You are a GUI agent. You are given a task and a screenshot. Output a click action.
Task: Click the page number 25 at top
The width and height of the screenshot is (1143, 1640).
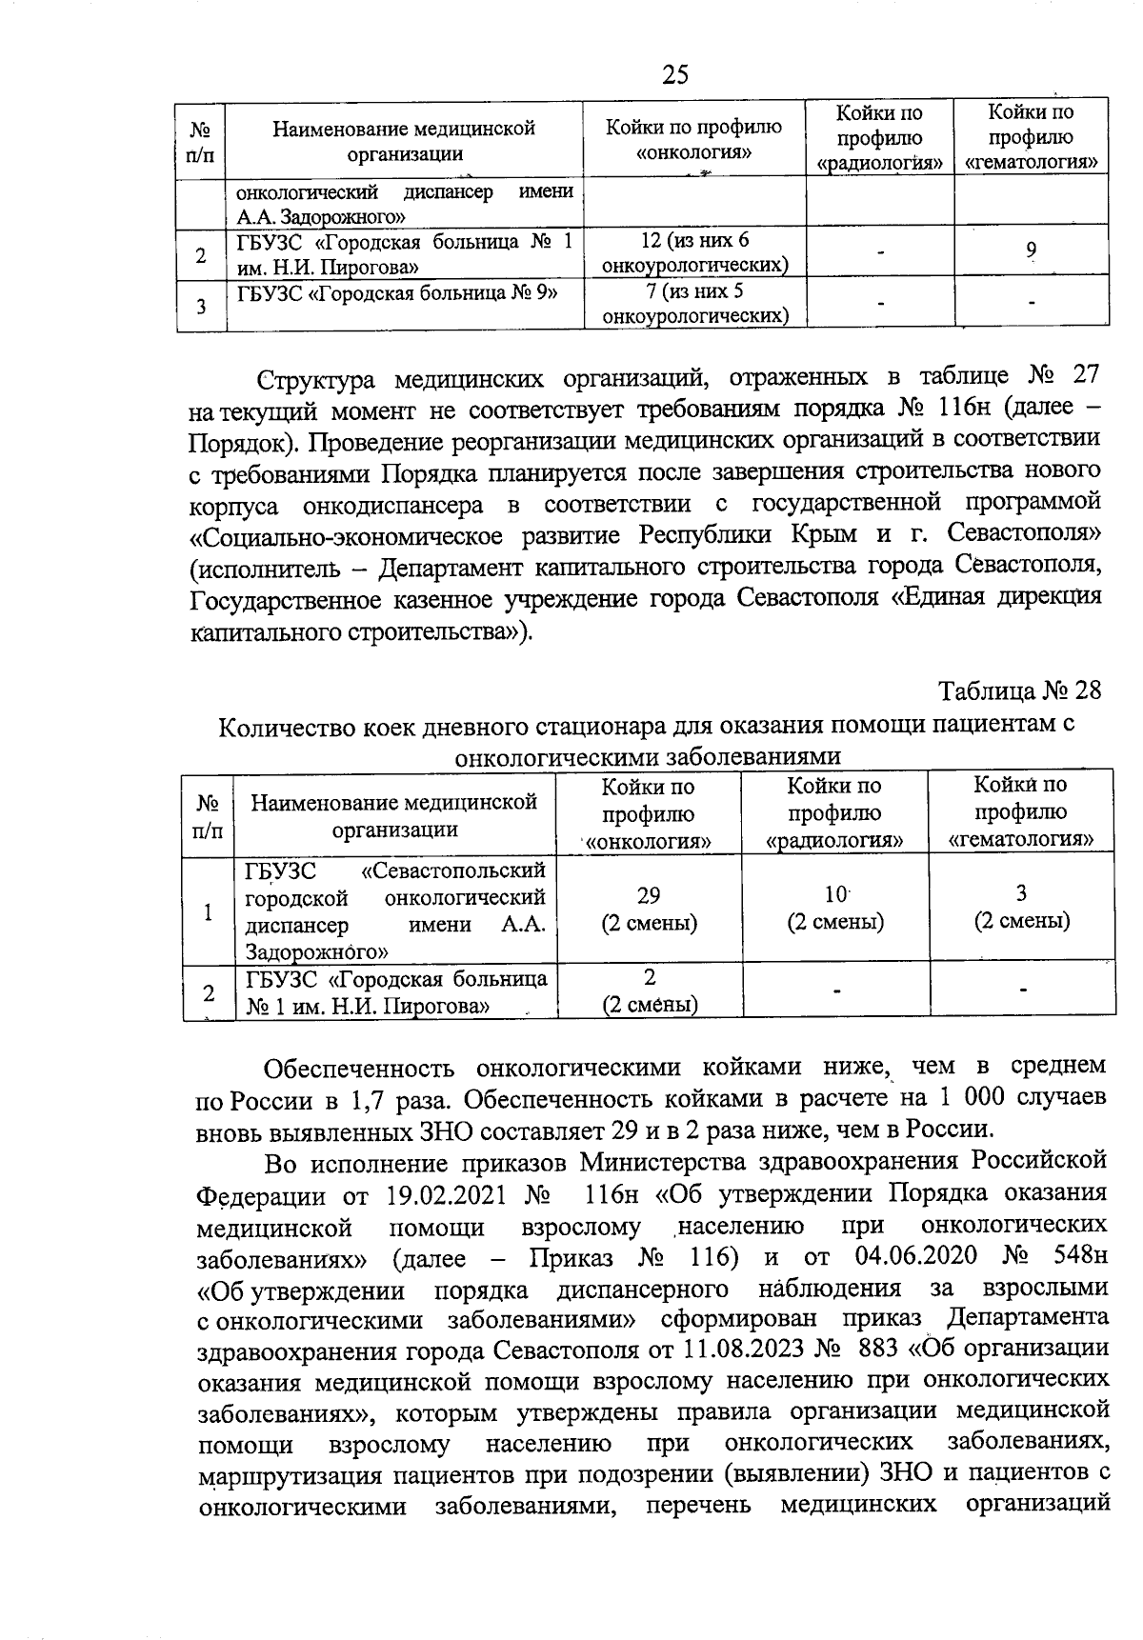pos(674,74)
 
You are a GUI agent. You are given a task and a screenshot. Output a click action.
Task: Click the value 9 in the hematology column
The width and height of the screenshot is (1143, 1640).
pos(1032,250)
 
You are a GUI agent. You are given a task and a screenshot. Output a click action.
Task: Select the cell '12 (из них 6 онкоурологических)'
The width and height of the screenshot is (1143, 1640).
pos(695,251)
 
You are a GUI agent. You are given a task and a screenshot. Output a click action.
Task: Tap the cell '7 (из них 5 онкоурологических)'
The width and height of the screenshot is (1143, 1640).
pos(695,303)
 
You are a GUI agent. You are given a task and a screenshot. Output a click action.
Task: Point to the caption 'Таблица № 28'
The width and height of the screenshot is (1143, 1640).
pos(1019,690)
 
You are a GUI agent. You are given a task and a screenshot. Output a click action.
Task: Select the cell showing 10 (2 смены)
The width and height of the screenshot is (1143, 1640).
pos(835,908)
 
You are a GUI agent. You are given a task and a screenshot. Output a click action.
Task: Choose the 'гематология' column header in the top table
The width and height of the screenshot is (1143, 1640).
pos(1032,137)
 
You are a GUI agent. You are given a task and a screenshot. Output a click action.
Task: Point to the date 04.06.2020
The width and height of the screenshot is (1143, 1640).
pos(916,1254)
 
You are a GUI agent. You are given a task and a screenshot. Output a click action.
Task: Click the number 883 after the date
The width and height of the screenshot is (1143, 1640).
pos(879,1350)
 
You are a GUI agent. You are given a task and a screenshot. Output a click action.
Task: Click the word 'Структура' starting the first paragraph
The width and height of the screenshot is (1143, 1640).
pos(309,380)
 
